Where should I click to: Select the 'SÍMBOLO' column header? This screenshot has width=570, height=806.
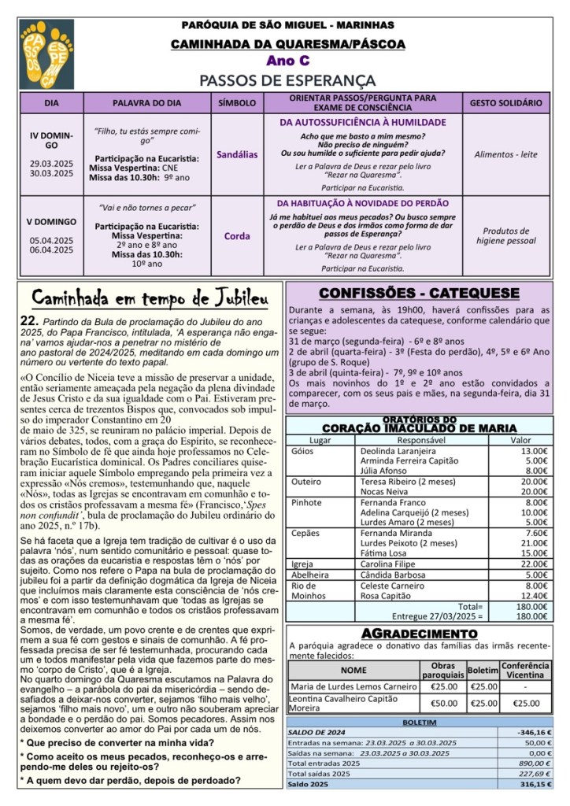pyautogui.click(x=236, y=103)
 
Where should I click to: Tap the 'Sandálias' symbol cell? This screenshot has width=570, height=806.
pyautogui.click(x=236, y=155)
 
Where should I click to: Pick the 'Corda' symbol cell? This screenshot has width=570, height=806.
pyautogui.click(x=237, y=235)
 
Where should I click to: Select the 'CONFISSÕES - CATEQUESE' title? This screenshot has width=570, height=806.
pyautogui.click(x=419, y=293)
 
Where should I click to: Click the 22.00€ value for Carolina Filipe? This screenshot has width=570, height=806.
pyautogui.click(x=535, y=564)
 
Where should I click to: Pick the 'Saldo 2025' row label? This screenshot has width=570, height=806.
pyautogui.click(x=309, y=785)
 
